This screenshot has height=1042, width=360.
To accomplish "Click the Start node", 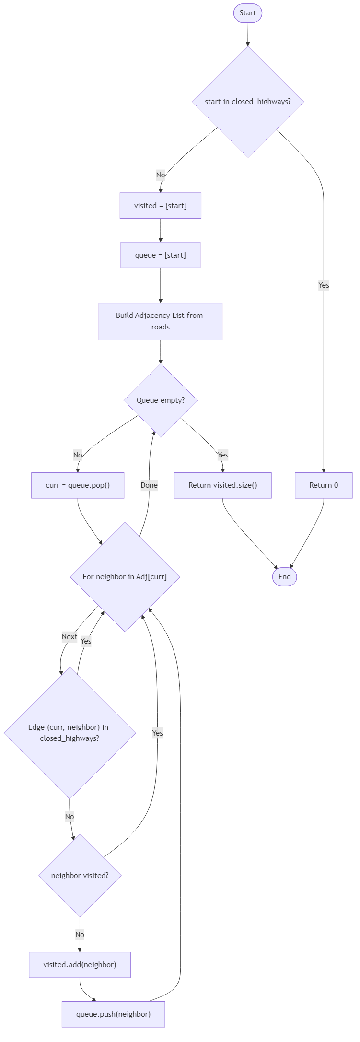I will point(247,13).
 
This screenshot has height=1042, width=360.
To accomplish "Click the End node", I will point(284,576).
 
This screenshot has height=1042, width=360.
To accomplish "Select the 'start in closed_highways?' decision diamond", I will point(248,102).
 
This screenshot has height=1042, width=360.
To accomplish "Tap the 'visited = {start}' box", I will point(160,206).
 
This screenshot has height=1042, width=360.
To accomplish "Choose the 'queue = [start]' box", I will point(160,255).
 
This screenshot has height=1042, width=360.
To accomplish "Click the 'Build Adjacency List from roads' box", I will point(160,321).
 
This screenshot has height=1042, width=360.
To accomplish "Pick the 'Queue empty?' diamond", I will point(161,400).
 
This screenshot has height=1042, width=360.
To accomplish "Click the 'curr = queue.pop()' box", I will point(78,485).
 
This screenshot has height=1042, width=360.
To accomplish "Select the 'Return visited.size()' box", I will point(222,485).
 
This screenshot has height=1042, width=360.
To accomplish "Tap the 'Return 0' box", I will point(324,485).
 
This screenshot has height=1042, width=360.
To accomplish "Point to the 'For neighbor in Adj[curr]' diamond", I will point(125,576).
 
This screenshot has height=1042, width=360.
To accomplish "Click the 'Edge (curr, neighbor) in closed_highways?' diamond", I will point(70,733).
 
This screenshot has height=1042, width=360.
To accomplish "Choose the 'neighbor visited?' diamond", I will point(80,875).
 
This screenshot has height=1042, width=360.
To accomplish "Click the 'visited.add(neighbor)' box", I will point(80,964).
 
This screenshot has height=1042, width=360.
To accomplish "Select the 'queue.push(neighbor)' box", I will point(113,1014).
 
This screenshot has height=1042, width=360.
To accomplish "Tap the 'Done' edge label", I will point(149,485).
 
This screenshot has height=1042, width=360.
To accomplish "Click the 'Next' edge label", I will point(70,637).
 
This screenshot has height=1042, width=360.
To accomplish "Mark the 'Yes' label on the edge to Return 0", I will point(324,285).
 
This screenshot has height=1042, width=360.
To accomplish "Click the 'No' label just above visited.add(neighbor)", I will point(80,934).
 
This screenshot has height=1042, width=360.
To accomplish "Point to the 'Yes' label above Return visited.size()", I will point(222,455).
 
